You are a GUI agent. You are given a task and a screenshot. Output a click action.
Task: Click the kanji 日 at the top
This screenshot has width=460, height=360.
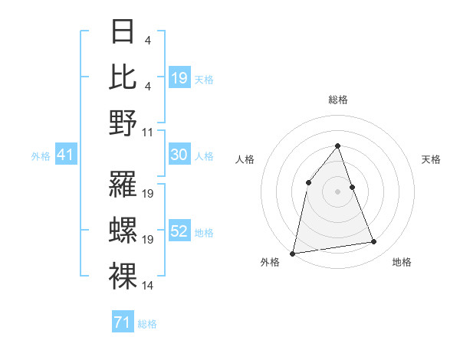tap(123, 32)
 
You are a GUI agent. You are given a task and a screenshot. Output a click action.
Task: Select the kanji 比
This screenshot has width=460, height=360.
tap(123, 77)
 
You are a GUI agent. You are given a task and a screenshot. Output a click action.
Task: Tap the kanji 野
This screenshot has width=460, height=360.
tap(123, 123)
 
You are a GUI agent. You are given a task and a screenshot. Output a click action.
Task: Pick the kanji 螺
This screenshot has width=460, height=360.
tap(123, 228)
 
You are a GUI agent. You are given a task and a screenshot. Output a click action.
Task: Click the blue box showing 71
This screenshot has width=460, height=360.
tap(122, 322)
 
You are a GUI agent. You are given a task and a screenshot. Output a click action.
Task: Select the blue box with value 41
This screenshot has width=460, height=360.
tap(65, 155)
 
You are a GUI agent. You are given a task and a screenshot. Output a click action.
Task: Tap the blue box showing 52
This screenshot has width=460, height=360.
tap(179, 232)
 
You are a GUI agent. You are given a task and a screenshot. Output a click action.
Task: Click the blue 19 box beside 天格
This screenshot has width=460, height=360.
tap(179, 78)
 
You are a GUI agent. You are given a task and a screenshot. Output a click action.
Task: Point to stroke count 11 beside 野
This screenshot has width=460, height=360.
tap(148, 132)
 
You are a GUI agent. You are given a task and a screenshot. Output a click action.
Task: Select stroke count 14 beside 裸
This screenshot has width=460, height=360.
tap(148, 286)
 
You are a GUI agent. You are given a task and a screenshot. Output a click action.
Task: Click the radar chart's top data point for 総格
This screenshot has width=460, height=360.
tap(337, 146)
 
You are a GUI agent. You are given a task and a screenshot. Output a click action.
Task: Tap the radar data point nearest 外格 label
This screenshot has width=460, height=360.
tap(293, 253)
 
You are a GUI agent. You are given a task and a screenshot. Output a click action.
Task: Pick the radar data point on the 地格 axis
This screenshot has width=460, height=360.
tap(374, 242)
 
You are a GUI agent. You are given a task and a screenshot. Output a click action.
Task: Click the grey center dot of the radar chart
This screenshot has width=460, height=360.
tap(337, 191)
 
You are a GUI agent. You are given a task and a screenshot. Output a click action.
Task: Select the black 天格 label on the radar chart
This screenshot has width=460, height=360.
tap(432, 159)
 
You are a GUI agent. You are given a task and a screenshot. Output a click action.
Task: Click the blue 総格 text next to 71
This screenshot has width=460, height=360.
tap(147, 324)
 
